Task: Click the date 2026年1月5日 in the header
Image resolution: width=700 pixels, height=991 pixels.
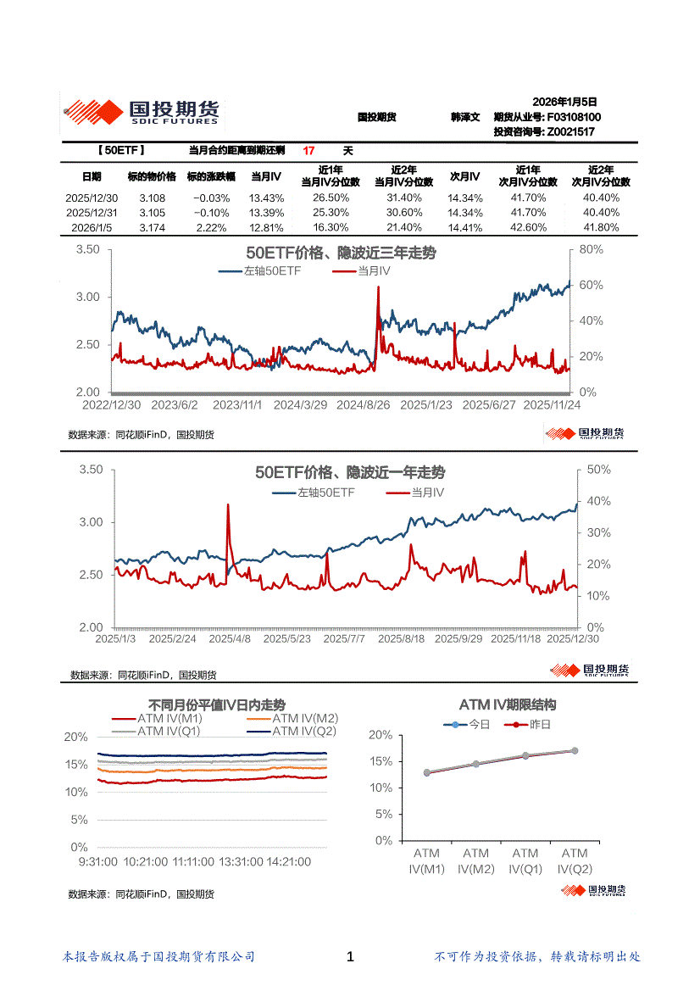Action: point(565,101)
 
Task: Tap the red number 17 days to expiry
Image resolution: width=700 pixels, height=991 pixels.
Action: point(308,151)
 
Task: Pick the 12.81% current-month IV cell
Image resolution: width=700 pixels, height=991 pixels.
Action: point(266,228)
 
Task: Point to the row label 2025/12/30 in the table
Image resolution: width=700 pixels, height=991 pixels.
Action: point(92,198)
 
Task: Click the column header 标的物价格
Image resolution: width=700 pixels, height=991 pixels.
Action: point(153,176)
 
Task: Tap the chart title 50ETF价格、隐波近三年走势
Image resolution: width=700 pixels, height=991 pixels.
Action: point(341,253)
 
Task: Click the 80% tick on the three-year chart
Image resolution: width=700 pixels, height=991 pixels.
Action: point(591,249)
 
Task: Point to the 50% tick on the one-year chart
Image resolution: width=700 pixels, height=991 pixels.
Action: point(599,470)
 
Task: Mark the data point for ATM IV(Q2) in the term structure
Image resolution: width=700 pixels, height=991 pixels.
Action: point(575,750)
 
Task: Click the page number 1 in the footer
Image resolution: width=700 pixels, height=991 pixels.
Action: point(350,957)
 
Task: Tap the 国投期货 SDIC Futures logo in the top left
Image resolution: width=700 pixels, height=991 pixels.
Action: point(142,112)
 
